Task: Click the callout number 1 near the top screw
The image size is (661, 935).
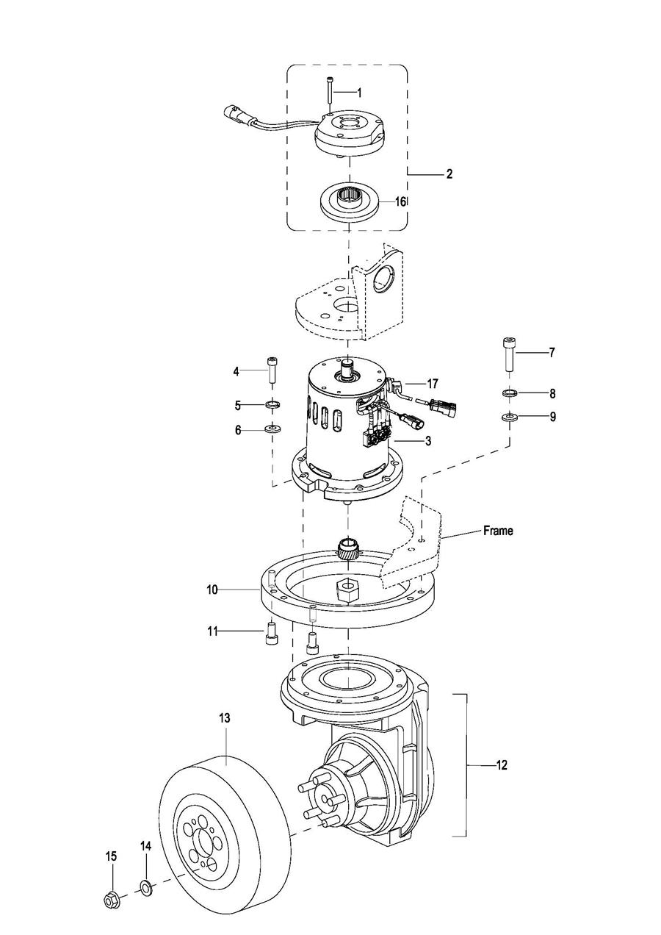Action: pyautogui.click(x=358, y=93)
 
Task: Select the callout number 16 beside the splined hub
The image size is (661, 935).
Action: pyautogui.click(x=400, y=202)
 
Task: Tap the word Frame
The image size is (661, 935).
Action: pyautogui.click(x=499, y=531)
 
